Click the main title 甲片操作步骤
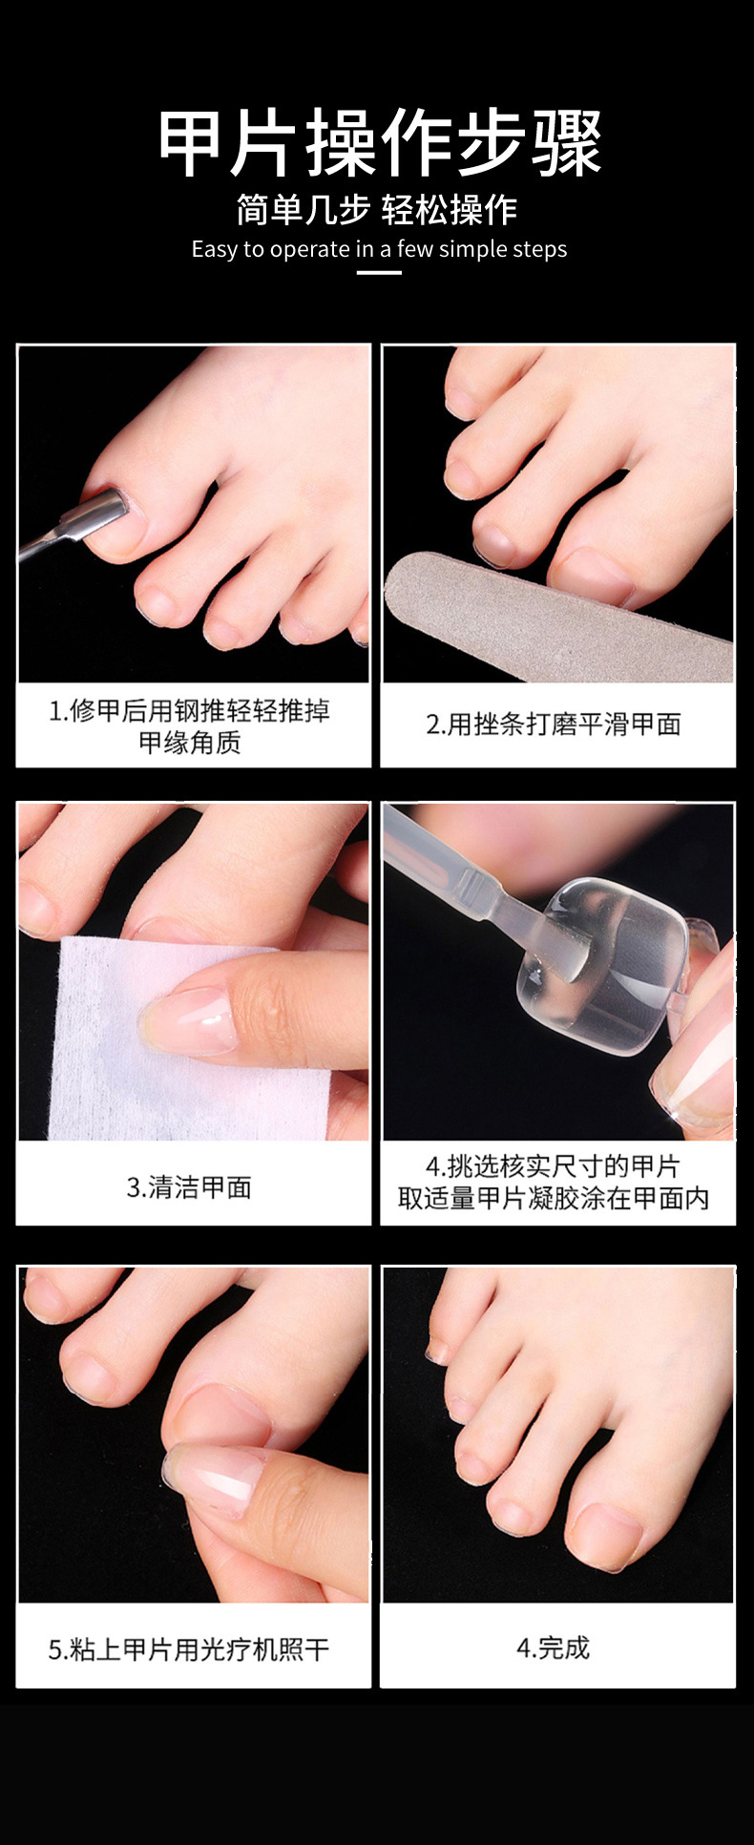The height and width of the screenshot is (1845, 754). (x=379, y=143)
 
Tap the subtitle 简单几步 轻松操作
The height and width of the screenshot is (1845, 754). (x=377, y=209)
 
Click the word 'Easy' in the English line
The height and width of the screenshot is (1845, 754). (x=214, y=249)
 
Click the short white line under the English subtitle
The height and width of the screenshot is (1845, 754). (x=378, y=272)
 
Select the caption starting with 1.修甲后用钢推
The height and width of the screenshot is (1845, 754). (x=189, y=726)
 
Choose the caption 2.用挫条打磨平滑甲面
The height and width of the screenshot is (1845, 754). (x=554, y=724)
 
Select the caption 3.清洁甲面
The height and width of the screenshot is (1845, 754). (x=189, y=1186)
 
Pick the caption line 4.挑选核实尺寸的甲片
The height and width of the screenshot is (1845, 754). (x=553, y=1165)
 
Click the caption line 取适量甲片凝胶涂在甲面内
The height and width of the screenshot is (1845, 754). (x=554, y=1198)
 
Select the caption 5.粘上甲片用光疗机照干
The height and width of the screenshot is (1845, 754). (x=189, y=1648)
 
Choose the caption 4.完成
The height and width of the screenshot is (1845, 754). (x=554, y=1647)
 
